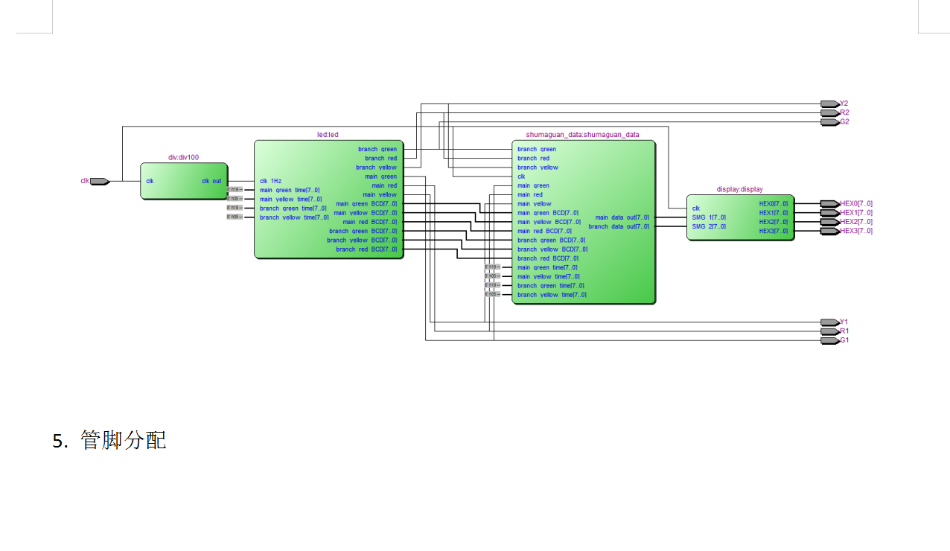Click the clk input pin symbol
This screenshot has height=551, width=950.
[100, 181]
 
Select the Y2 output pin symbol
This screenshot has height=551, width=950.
[829, 103]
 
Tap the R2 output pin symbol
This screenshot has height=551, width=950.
[829, 112]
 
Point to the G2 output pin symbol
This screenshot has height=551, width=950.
[829, 121]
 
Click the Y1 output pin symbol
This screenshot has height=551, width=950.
[829, 322]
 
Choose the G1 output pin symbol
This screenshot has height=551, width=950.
[829, 340]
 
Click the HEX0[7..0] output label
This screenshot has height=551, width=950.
[856, 203]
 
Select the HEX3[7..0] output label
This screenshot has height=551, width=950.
[856, 231]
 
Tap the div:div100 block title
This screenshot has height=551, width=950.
[183, 157]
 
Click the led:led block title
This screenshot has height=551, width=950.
[328, 135]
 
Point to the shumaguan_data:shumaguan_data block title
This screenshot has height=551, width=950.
[582, 135]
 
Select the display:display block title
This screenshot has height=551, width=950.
[739, 189]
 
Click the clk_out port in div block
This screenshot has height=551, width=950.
[211, 181]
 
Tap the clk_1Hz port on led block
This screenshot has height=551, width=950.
[271, 181]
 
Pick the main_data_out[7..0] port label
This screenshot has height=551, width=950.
[622, 217]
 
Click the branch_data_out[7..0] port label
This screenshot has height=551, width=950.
[619, 226]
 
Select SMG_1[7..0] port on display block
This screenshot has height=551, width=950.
[709, 217]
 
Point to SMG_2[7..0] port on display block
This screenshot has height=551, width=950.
[709, 226]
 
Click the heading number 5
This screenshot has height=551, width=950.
[60, 441]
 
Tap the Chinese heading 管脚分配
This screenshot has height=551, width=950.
[124, 440]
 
